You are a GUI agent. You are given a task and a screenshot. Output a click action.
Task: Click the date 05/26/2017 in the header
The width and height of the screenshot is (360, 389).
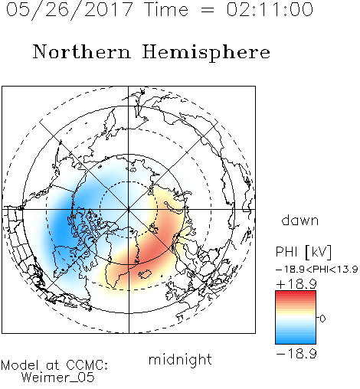69,10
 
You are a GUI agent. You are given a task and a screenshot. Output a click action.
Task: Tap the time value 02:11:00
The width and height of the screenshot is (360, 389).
270,9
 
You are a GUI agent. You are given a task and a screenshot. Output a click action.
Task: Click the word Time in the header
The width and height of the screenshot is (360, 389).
166,9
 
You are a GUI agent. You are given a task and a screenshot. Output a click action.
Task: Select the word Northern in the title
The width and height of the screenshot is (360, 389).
82,51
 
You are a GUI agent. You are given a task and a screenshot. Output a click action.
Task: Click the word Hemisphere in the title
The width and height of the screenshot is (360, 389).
206,53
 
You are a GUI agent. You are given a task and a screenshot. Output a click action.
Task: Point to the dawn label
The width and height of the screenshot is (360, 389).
299,220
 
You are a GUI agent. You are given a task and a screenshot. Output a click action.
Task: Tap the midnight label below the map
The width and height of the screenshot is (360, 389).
180,359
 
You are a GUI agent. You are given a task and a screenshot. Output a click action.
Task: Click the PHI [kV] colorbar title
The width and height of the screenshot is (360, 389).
303,252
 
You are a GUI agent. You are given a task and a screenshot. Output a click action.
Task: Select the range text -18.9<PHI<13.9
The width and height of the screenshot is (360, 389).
316,270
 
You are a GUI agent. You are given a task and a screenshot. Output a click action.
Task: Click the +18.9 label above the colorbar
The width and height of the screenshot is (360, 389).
296,284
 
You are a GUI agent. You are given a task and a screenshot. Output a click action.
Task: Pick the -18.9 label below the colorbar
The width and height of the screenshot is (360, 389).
296,354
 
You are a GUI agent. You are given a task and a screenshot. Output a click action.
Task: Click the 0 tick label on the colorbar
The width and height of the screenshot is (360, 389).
322,319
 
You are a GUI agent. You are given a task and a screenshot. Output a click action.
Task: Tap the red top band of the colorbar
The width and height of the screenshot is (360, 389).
296,294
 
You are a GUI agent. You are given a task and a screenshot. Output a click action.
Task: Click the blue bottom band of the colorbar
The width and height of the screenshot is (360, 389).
296,341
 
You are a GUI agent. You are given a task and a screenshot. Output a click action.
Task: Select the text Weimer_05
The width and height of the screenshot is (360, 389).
57,378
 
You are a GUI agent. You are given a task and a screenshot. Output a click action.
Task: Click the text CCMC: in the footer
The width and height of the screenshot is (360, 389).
87,365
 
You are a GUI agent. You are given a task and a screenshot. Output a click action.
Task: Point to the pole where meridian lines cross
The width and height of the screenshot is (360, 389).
129,210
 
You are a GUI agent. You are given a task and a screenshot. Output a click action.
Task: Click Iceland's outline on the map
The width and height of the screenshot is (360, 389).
145,274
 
